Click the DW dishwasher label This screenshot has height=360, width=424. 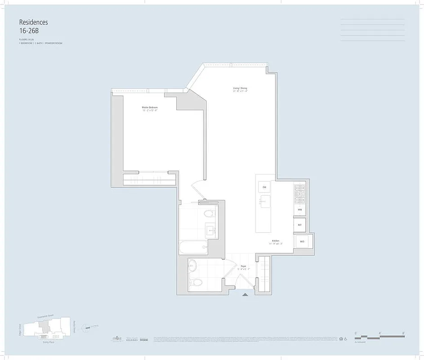(x=264, y=187)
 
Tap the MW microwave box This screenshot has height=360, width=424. (x=299, y=210)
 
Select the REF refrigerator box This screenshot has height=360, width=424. (x=299, y=224)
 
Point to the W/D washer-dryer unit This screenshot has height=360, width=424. (x=302, y=242)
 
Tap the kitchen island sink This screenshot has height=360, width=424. (x=265, y=201)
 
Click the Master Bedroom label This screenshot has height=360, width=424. (x=150, y=108)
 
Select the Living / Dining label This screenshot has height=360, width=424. (x=240, y=88)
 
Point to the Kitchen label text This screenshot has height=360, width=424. (x=276, y=241)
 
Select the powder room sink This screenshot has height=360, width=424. (x=192, y=266)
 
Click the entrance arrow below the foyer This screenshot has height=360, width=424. (x=245, y=295)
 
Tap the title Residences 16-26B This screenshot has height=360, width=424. (x=33, y=26)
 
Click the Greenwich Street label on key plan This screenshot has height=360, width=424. (x=44, y=316)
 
